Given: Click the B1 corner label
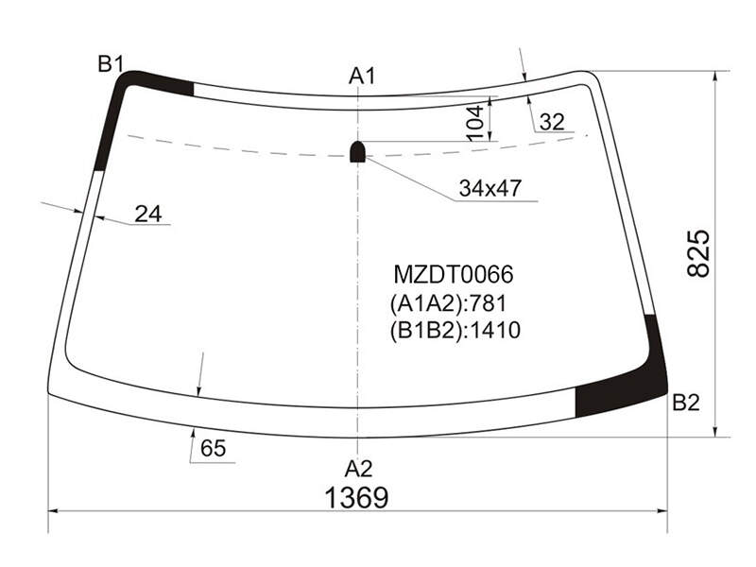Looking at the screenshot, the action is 111,63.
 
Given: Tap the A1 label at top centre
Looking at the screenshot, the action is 362,77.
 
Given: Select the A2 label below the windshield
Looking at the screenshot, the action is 358,469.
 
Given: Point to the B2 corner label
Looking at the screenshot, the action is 686,403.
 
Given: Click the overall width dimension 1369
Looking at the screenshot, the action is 357,498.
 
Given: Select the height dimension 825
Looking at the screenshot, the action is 698,253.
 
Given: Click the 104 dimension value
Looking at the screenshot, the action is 475,123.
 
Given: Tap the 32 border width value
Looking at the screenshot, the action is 552,122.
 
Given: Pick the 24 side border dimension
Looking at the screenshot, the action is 148,214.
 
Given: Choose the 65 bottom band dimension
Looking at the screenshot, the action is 214,448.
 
